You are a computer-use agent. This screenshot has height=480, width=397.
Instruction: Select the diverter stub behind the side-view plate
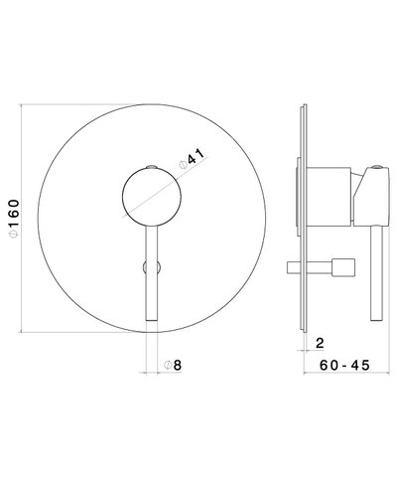click(x=300, y=194)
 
